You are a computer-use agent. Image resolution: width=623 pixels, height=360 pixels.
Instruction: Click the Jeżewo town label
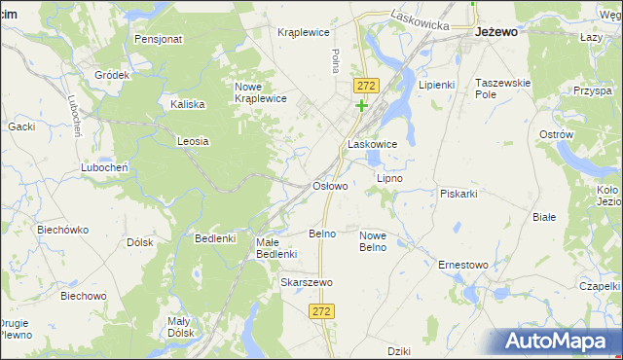(x=495, y=31)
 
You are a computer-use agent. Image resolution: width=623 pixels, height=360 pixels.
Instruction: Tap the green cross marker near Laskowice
(x=362, y=105)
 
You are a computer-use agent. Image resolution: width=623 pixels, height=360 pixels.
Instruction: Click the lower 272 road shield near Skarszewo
(x=323, y=311)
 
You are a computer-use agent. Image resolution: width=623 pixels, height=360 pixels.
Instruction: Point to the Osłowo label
(x=329, y=185)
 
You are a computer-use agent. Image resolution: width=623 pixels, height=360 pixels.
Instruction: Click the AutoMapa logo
(x=556, y=342)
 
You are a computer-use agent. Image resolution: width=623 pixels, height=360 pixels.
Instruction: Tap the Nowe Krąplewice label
(x=260, y=92)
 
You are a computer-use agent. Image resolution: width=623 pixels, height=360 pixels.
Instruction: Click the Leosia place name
(x=193, y=141)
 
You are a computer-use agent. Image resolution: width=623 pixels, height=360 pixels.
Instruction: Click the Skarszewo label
(x=307, y=282)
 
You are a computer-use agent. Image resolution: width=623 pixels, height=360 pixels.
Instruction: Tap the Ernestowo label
(x=462, y=265)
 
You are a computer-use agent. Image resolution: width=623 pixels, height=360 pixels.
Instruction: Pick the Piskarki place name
(x=458, y=194)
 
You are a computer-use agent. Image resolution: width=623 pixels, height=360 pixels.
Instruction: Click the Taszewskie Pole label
(x=502, y=89)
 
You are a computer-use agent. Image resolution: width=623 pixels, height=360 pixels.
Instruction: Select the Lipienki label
(x=437, y=85)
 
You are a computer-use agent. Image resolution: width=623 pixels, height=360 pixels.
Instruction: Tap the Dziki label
(x=398, y=351)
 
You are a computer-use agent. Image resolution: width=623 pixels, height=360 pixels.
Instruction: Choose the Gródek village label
(x=112, y=75)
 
